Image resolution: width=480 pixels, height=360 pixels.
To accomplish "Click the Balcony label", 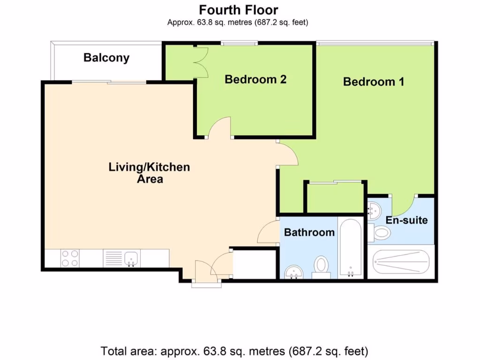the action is click(106, 58).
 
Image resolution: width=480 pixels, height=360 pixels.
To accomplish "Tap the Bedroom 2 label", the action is click(255, 79).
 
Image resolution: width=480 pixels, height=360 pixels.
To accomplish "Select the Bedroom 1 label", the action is click(374, 82).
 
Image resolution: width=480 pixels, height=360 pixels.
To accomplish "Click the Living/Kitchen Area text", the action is click(150, 173).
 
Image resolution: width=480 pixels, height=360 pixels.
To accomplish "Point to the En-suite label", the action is click(406, 220).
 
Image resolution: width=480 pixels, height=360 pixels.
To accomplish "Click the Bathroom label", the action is click(309, 232).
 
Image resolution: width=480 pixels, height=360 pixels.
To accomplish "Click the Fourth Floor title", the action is click(239, 10).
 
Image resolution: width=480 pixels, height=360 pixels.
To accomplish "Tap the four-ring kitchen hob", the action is click(70, 258).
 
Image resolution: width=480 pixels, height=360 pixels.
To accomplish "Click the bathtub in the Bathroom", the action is click(351, 248).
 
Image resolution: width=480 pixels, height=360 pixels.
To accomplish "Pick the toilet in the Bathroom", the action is click(321, 267).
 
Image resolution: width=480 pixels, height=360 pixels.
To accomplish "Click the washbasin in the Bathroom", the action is click(293, 272).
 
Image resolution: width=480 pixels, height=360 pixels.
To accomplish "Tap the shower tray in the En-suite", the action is click(401, 262).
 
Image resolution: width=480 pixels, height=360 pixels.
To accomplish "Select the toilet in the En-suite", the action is click(380, 232).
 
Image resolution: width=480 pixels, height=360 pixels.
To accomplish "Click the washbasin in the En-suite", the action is click(374, 210).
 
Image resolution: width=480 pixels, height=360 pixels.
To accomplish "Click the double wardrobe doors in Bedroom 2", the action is click(201, 62).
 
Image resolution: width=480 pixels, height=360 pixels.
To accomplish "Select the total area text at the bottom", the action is click(234, 351).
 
